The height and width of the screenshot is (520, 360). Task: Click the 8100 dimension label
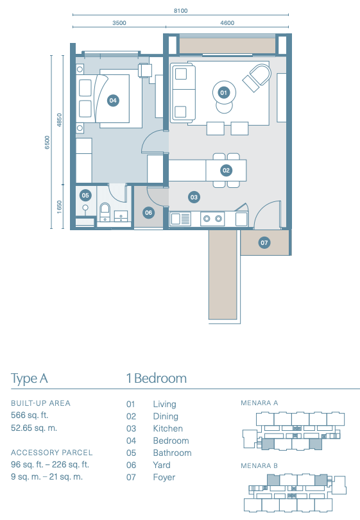coord(180,11)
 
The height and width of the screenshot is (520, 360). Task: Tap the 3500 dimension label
coord(119,23)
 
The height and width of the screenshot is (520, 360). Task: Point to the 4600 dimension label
coord(227,23)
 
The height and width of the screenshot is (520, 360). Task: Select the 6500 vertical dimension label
coord(47,142)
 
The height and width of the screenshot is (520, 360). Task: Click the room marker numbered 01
coord(223,93)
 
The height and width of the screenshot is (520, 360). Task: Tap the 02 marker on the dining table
coord(226,171)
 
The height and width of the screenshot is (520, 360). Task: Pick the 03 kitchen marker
coord(194,197)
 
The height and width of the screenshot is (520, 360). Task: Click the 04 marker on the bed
coord(113,101)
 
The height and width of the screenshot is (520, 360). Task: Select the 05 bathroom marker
coord(85,196)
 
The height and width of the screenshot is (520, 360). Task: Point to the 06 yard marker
coord(148,213)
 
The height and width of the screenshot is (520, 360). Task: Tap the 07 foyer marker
coord(264,243)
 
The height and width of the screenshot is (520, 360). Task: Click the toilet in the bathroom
coord(105,212)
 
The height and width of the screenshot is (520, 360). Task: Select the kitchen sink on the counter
coord(180,219)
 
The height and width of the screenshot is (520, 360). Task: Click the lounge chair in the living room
coord(257,78)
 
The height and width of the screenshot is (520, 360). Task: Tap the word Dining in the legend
coord(166,417)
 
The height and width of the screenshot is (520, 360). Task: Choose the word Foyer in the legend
coord(164,477)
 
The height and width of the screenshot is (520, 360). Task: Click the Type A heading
coord(30,379)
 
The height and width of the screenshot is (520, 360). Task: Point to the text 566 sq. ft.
coord(30,415)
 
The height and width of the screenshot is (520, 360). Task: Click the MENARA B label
coord(259,465)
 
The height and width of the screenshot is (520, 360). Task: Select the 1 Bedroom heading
coord(157,378)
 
